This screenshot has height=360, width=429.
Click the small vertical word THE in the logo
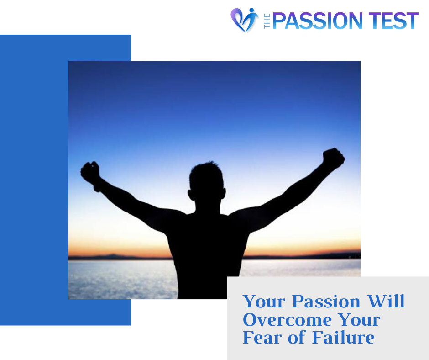point(267,21)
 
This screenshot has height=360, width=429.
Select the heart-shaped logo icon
point(244,20)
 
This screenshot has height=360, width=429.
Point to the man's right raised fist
point(333,159)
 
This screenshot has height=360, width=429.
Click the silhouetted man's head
point(207,184)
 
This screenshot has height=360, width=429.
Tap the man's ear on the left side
point(191,195)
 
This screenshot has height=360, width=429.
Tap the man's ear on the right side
point(223,193)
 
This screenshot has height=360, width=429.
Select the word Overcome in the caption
point(287,319)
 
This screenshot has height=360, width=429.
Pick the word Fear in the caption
point(262,337)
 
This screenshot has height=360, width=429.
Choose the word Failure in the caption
point(343,337)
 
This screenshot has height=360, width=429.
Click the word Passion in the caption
point(326,302)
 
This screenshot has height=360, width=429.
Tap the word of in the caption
point(297,337)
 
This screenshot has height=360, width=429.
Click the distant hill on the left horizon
point(110,257)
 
